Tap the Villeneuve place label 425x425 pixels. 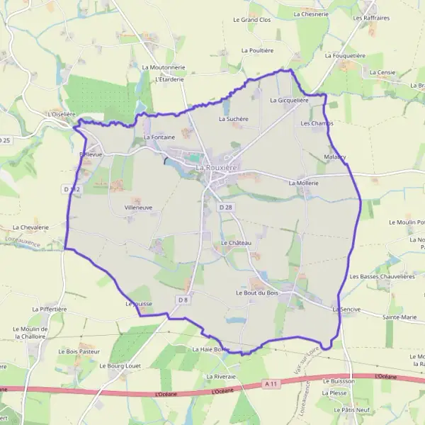(138, 208)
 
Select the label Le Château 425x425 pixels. (237, 243)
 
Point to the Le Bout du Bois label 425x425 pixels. (256, 293)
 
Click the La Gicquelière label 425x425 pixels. (289, 101)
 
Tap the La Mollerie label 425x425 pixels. (304, 183)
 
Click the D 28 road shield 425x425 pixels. (225, 207)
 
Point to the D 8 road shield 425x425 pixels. (183, 300)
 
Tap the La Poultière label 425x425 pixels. (257, 51)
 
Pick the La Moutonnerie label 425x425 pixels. (163, 67)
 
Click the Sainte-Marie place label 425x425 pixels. (399, 318)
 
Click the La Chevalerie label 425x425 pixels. (30, 227)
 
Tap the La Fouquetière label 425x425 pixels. (345, 55)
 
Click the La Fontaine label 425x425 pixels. (159, 137)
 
